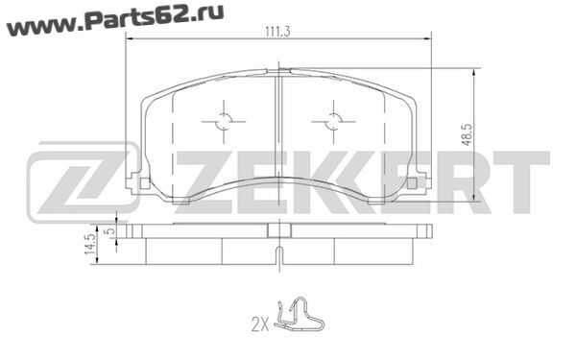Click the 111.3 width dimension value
pos(277,32)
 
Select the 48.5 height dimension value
pos(468,134)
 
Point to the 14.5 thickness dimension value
pos(90,244)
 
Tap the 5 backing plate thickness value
pos(110,231)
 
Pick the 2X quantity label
pos(260,325)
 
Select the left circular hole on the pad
pos(224,121)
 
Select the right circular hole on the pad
pos(333,121)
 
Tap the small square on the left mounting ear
pos(145,183)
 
